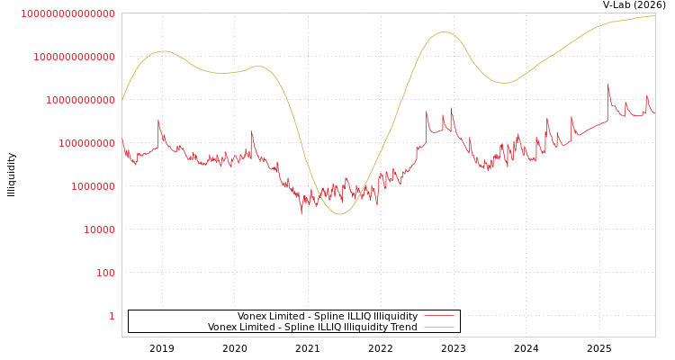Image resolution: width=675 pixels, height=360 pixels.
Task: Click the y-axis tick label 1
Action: (112, 316)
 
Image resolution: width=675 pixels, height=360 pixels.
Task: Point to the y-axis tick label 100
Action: (105, 273)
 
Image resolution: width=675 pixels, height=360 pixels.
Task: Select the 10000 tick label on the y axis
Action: (99, 229)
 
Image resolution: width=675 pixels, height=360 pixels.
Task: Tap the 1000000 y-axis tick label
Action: (93, 186)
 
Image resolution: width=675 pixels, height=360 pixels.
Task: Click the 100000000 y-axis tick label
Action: (86, 143)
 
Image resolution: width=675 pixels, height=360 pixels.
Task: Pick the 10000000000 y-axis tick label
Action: (80, 100)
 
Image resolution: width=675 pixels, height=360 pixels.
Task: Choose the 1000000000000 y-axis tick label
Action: (74, 57)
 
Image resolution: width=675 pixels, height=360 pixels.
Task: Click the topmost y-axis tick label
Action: (67, 13)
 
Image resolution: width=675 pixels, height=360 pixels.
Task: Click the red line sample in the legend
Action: (438, 316)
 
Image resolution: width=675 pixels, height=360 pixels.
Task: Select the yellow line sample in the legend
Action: (438, 328)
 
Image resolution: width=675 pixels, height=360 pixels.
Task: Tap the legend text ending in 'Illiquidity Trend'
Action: (312, 328)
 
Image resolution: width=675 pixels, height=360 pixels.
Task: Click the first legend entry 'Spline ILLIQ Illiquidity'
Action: (328, 316)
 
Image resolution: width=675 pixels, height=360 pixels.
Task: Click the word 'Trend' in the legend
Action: (402, 328)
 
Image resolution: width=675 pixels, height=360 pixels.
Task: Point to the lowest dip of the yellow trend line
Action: (339, 214)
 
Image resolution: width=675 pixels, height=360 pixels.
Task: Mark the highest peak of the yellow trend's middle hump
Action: (444, 32)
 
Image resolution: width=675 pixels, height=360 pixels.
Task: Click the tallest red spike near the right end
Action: (608, 86)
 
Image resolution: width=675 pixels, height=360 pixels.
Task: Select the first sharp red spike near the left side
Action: (158, 121)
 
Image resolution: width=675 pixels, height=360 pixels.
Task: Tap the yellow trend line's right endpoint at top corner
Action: (654, 15)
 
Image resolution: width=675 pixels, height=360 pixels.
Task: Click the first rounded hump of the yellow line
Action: (162, 51)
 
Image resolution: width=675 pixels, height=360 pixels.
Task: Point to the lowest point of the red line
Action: (301, 213)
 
